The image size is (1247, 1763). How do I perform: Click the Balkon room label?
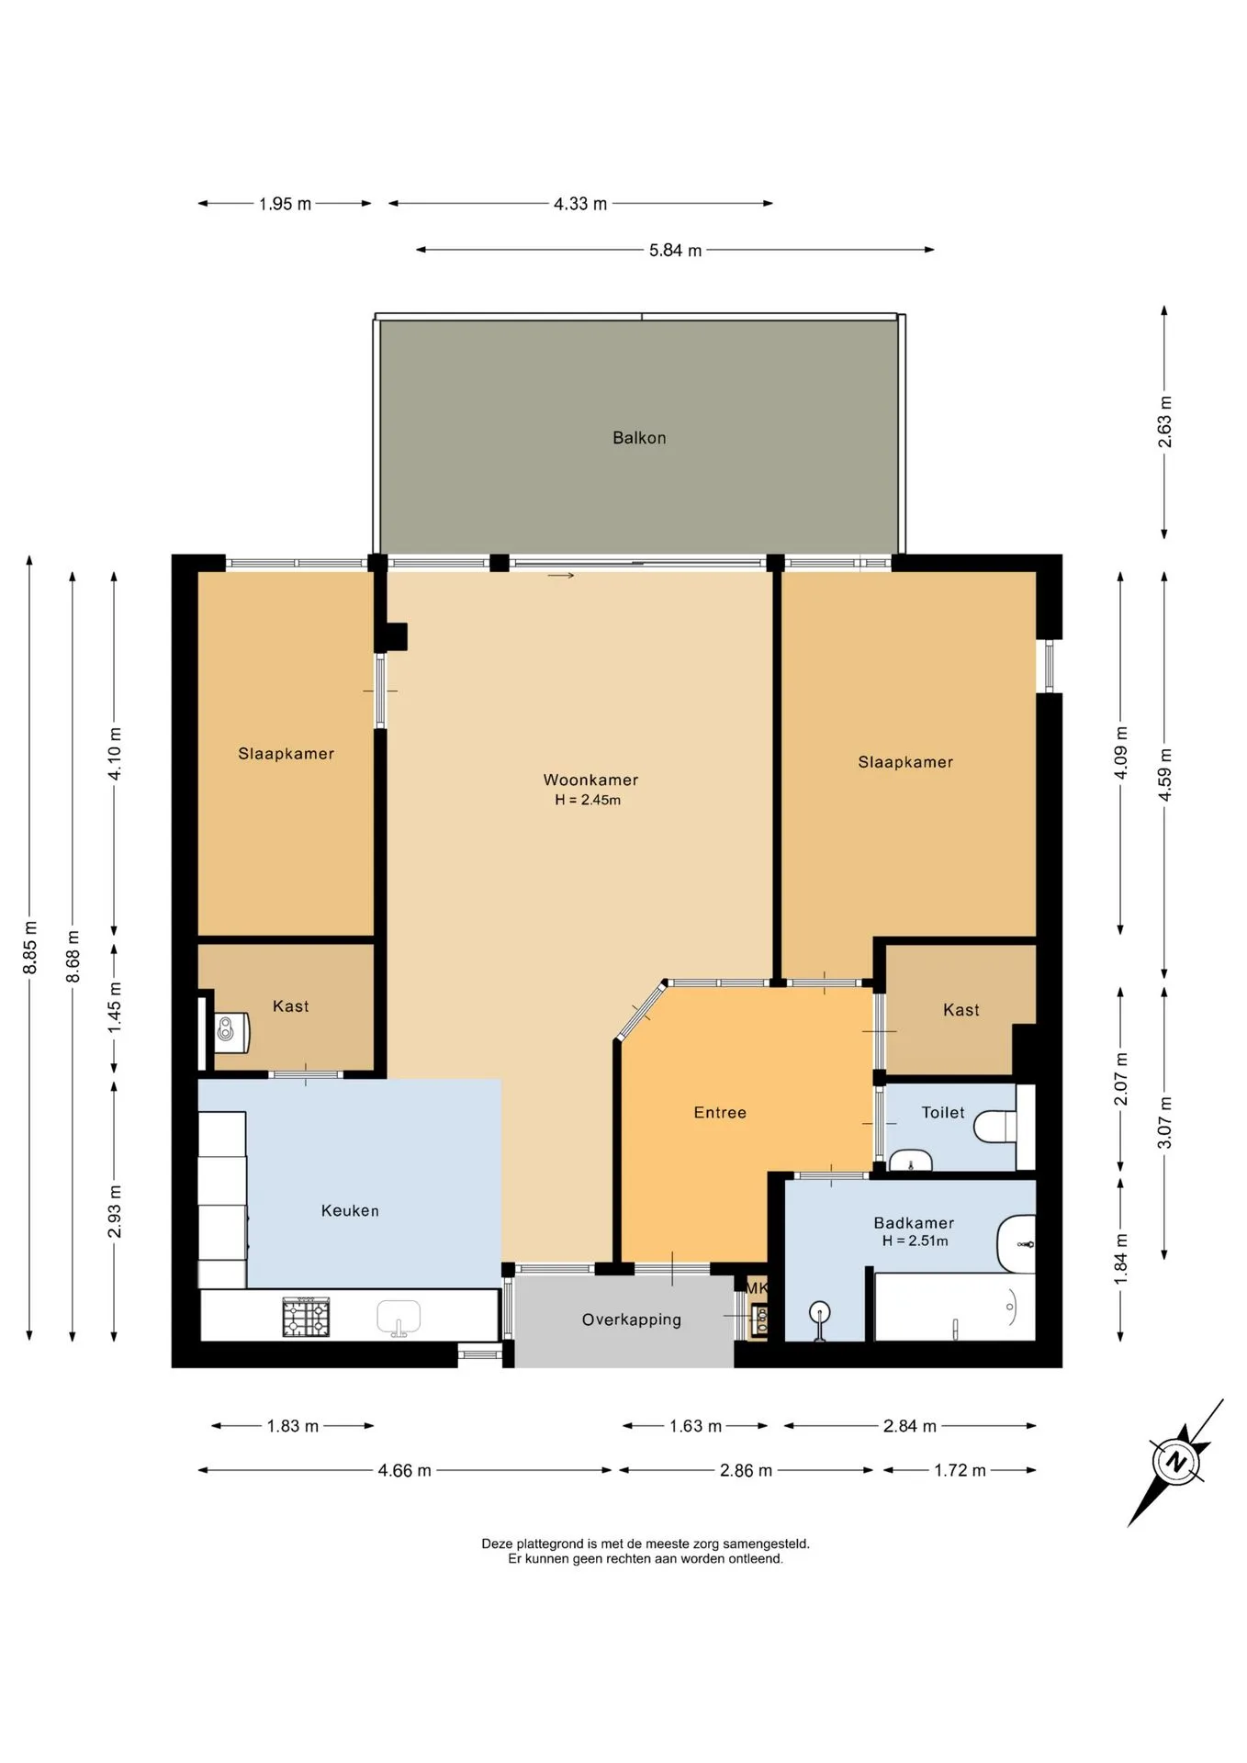[639, 438]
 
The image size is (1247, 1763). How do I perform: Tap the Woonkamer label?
[590, 780]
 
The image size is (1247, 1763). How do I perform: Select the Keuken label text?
[350, 1210]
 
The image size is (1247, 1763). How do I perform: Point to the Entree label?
[720, 1112]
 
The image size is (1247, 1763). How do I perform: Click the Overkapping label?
[632, 1319]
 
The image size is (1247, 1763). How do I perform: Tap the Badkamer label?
[914, 1222]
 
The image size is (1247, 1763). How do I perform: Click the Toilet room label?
[943, 1112]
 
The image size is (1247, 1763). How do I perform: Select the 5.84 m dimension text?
[675, 250]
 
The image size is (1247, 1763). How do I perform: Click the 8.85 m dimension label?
[29, 947]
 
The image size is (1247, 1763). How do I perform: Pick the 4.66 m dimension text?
[404, 1470]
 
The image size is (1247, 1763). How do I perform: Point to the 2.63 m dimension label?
[1164, 421]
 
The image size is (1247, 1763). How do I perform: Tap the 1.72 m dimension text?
[960, 1470]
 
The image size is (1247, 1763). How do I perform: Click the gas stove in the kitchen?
[306, 1316]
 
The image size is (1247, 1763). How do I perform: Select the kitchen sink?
[399, 1317]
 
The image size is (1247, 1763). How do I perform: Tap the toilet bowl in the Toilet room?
[995, 1126]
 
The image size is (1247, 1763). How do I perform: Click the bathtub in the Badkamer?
[955, 1307]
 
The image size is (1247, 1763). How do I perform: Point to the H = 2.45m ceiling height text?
[588, 800]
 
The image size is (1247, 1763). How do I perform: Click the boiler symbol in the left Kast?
[231, 1032]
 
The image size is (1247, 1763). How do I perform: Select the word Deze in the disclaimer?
[497, 1544]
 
